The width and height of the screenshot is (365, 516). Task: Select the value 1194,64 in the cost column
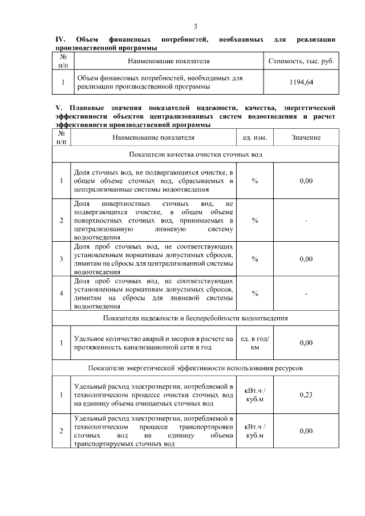click(x=302, y=83)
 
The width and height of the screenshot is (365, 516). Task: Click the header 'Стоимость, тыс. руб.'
click(x=301, y=60)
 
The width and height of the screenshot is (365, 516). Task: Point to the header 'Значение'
click(x=306, y=138)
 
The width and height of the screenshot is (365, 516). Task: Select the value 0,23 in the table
click(x=306, y=394)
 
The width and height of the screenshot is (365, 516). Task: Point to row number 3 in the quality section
click(x=62, y=259)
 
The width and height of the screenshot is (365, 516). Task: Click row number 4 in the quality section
click(x=62, y=294)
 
